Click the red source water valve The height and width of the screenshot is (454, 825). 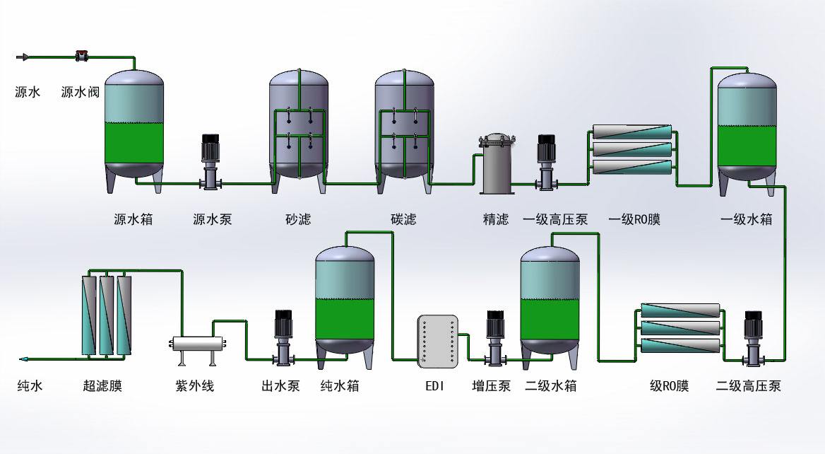point(82,55)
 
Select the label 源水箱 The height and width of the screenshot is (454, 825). point(133,219)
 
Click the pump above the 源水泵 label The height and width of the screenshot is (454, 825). point(211,162)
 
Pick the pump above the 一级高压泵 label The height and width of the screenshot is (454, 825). point(547,162)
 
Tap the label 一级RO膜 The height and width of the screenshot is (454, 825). point(634,219)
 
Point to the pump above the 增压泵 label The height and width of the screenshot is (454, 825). point(495,338)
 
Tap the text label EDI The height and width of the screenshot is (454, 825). point(434,387)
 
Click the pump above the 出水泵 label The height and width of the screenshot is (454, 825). point(284,338)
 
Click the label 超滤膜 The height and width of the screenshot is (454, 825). point(102,386)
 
